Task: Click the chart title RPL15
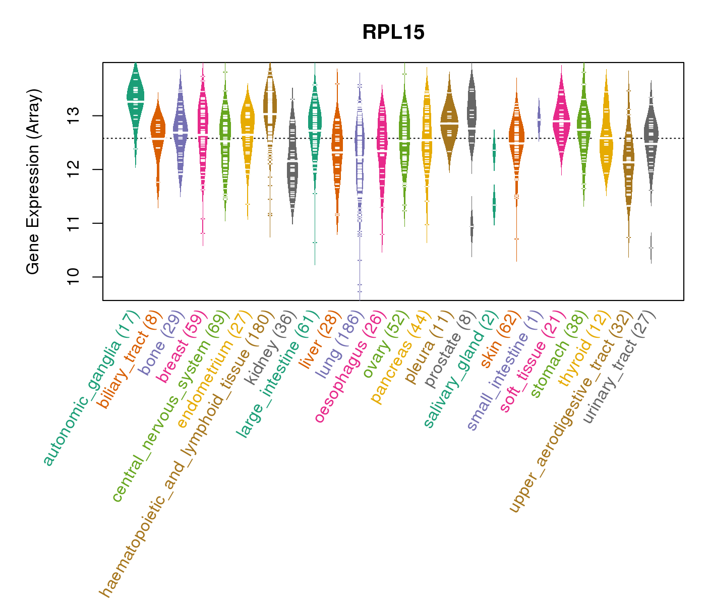pyautogui.click(x=393, y=33)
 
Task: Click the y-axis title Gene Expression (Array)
pyautogui.click(x=33, y=181)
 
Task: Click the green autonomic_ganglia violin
pyautogui.click(x=135, y=101)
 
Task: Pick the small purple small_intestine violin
pyautogui.click(x=539, y=119)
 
